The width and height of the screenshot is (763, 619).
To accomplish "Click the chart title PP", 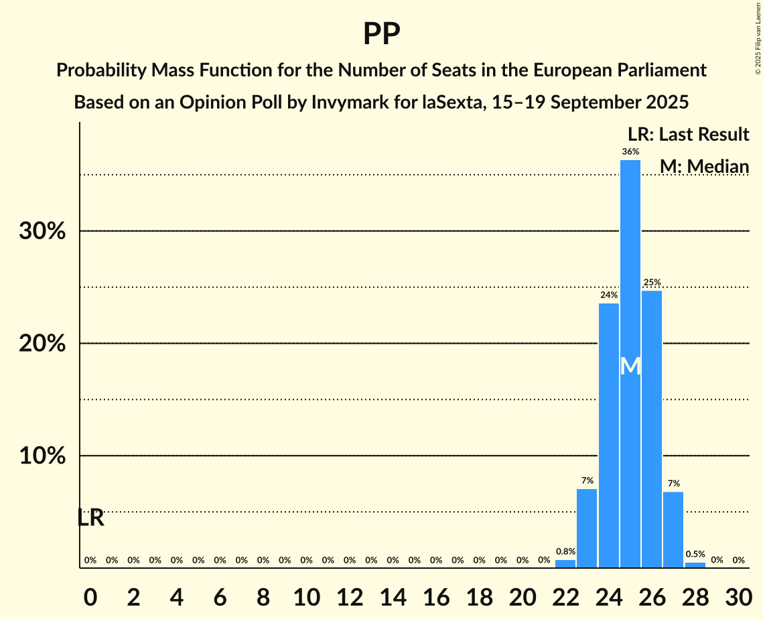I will coord(381,33).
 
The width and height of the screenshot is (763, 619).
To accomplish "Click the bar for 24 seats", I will coord(609,435).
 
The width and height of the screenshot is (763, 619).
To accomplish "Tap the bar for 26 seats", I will coord(652,429).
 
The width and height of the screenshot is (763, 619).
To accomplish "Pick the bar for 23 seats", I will coord(587,529).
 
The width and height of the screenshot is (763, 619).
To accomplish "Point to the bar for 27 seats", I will coord(673,530).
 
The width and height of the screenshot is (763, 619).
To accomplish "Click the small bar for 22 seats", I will coord(565,564).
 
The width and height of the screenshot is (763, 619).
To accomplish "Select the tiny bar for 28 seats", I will coord(695,565).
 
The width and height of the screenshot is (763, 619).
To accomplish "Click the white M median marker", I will coord(630,366).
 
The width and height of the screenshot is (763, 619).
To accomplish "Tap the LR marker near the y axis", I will coord(90,518).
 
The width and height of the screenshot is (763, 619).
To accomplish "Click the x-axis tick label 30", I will coord(738,595).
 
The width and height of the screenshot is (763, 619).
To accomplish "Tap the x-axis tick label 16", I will coord(436,595).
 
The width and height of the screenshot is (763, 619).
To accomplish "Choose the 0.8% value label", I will coord(565,551).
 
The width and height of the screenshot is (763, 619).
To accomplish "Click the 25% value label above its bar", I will coord(652,283).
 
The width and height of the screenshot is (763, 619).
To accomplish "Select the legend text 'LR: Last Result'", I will coord(689,135).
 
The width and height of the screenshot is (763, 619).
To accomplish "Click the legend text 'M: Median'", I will coord(704,166).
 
